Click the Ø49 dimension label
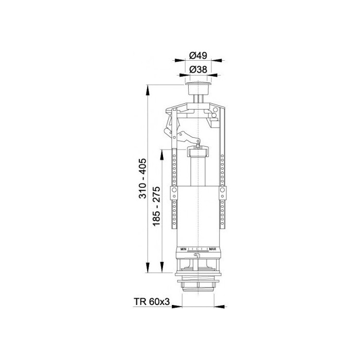click(198, 56)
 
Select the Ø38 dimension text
click(199, 69)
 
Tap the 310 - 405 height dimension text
click(142, 178)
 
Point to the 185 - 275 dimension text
click(156, 206)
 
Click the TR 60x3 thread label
click(152, 301)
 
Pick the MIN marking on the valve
click(183, 249)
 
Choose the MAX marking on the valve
click(212, 249)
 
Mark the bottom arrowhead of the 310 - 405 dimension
click(148, 267)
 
